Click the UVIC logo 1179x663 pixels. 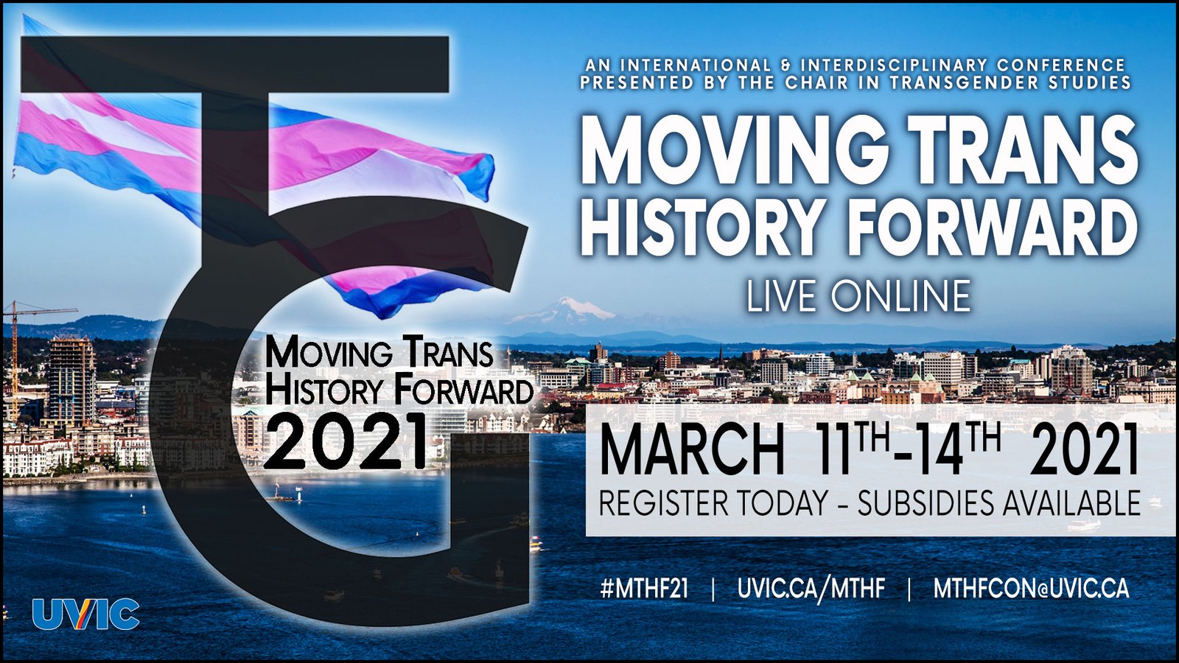85,614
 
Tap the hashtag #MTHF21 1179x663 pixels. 644,589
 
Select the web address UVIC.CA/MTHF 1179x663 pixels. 811,589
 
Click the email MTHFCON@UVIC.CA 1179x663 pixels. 1031,589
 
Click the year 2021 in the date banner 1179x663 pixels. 1083,452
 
